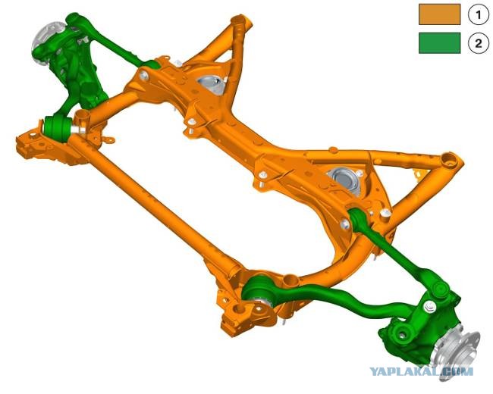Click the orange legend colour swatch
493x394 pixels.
click(x=440, y=14)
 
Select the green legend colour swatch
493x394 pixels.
click(x=440, y=43)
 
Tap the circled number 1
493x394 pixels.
click(x=479, y=14)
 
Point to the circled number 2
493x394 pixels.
click(x=479, y=42)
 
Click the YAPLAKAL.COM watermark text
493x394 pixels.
click(x=421, y=372)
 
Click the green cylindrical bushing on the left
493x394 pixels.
click(x=57, y=128)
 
